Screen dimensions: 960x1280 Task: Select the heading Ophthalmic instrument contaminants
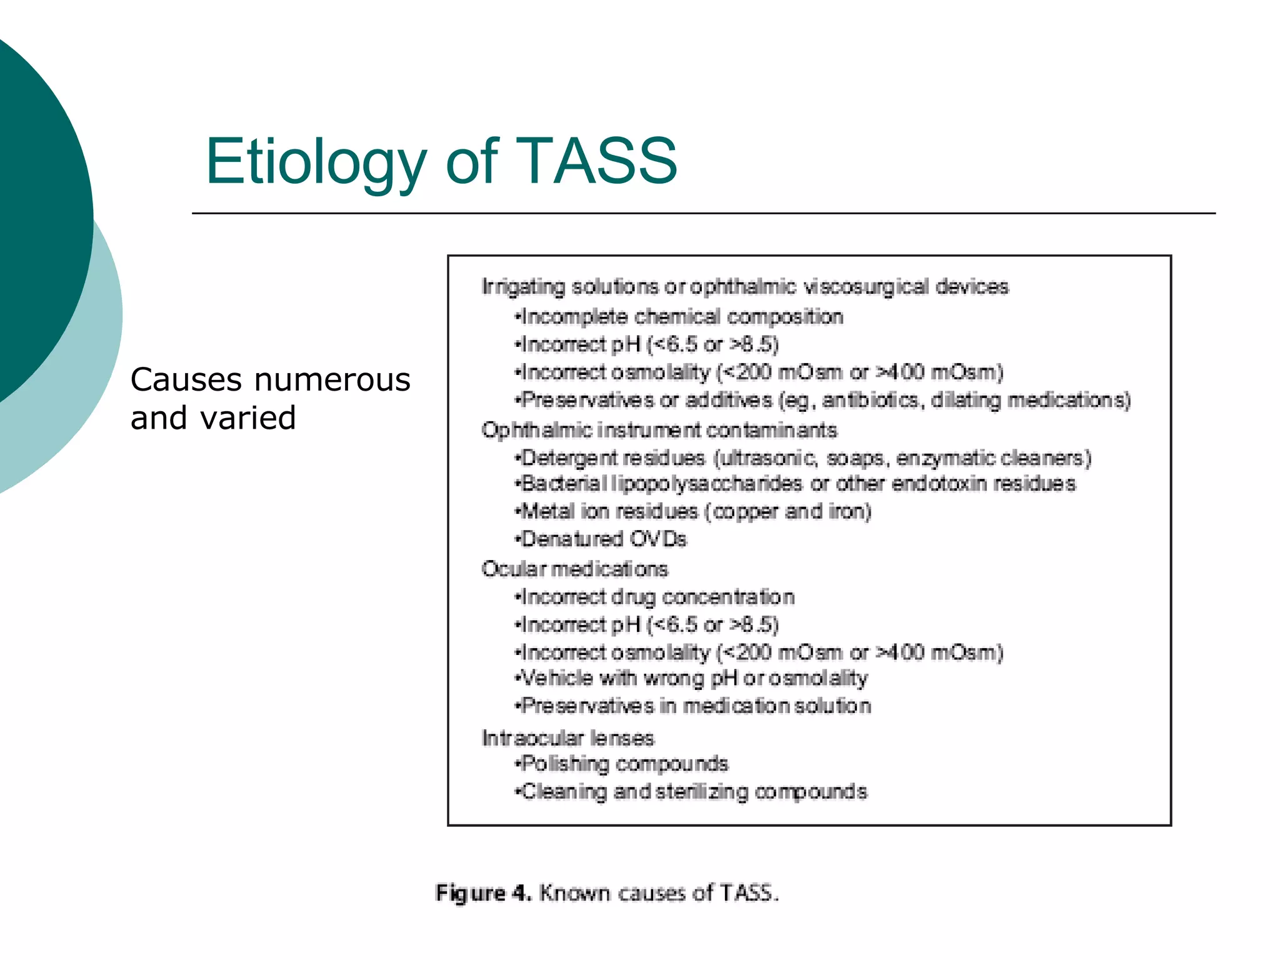click(x=659, y=430)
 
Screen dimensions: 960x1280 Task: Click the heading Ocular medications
click(x=574, y=569)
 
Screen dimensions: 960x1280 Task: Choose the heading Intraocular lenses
click(x=567, y=738)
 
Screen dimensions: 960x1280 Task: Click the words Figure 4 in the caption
click(x=483, y=893)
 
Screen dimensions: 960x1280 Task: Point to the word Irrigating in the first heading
click(x=523, y=287)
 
